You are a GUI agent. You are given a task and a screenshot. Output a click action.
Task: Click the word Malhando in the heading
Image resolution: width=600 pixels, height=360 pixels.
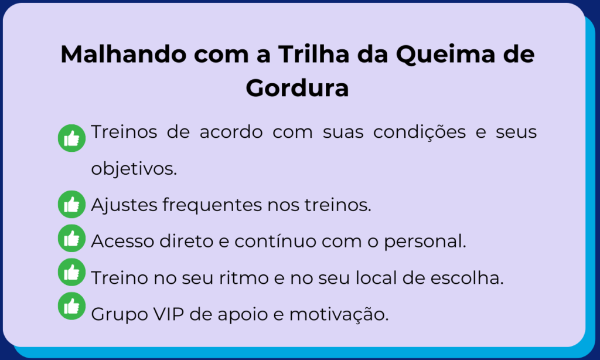click(124, 54)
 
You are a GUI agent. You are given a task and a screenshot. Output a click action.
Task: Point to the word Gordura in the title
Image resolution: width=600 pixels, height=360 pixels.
click(297, 88)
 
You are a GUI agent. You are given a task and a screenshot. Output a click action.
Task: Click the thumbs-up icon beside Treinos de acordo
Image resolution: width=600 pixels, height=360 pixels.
click(71, 138)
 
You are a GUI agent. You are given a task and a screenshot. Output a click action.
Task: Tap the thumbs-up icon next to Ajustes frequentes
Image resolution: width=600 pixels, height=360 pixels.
click(71, 204)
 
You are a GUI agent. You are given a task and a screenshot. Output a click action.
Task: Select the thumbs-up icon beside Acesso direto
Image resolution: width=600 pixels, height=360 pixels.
click(71, 238)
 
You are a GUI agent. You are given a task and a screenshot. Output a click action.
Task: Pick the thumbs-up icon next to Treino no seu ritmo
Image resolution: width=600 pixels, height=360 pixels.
click(71, 272)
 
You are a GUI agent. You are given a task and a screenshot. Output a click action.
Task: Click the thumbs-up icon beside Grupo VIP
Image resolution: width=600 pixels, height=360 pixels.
click(71, 306)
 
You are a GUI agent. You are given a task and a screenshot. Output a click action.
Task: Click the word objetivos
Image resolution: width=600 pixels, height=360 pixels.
click(134, 168)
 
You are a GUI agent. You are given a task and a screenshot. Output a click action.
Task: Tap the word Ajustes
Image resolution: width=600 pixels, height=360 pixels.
click(124, 205)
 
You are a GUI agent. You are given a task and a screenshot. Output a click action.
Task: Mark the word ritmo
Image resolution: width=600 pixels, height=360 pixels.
click(243, 278)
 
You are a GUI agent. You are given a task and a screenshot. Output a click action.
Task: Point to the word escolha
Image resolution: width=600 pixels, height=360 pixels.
click(467, 278)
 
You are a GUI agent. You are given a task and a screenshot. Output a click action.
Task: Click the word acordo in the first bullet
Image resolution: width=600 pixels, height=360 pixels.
click(231, 132)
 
